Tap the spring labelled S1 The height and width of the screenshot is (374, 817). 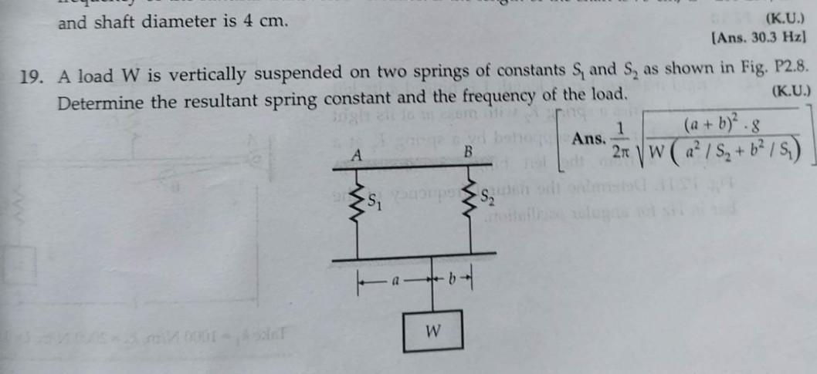pos(358,204)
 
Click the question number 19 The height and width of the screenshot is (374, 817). pos(31,77)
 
